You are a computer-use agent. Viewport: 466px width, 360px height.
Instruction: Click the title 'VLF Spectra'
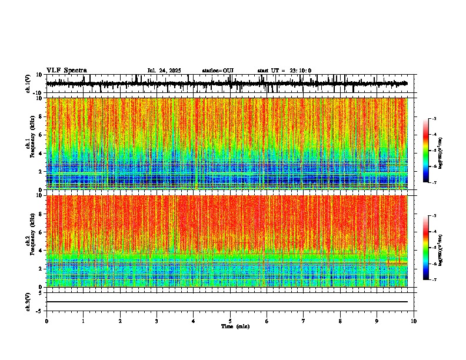tap(66, 71)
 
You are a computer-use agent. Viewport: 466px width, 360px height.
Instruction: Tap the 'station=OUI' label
tap(218, 71)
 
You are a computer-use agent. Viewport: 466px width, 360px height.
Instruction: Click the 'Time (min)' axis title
tap(235, 326)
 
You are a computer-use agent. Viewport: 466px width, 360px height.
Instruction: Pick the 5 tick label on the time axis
tap(230, 321)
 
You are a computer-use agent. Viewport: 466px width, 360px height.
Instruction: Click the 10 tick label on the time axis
tap(414, 321)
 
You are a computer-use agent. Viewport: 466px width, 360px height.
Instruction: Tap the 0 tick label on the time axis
tap(46, 321)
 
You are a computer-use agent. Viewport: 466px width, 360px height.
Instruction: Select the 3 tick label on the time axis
tap(157, 321)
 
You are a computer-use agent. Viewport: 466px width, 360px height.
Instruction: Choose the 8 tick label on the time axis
tap(340, 321)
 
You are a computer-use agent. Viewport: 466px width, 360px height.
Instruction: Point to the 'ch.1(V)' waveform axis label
tap(28, 84)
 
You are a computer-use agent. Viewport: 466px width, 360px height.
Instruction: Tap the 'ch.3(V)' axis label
tap(28, 301)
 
